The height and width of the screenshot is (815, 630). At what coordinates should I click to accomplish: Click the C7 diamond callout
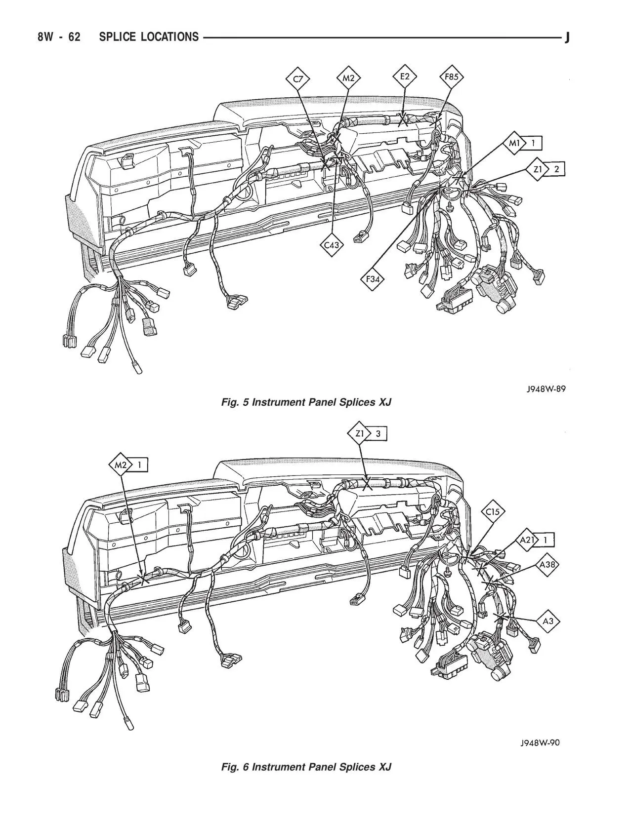pyautogui.click(x=298, y=79)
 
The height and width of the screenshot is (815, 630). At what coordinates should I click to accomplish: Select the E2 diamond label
pyautogui.click(x=405, y=77)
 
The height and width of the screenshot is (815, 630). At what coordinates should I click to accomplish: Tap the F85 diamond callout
pyautogui.click(x=451, y=77)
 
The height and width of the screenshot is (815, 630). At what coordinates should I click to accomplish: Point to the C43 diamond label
pyautogui.click(x=332, y=245)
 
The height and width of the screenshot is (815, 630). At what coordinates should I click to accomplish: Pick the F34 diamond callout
pyautogui.click(x=373, y=279)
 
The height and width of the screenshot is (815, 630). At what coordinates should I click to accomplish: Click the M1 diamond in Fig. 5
pyautogui.click(x=514, y=143)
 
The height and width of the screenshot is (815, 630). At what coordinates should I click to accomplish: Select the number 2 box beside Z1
pyautogui.click(x=556, y=169)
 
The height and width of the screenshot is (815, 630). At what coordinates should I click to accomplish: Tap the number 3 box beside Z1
pyautogui.click(x=378, y=433)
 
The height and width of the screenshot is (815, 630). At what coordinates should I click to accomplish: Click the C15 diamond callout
pyautogui.click(x=493, y=511)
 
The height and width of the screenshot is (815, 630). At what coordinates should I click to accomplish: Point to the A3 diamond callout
pyautogui.click(x=548, y=621)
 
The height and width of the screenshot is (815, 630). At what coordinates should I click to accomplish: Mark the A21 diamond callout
pyautogui.click(x=527, y=540)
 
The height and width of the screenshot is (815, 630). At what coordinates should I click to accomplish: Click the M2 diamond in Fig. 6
pyautogui.click(x=121, y=465)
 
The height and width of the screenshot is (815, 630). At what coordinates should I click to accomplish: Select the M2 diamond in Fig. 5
pyautogui.click(x=349, y=78)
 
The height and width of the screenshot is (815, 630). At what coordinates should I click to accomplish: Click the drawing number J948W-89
pyautogui.click(x=546, y=389)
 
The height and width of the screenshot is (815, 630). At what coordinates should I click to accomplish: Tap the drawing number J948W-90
pyautogui.click(x=540, y=742)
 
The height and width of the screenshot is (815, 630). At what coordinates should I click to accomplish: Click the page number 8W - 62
pyautogui.click(x=59, y=37)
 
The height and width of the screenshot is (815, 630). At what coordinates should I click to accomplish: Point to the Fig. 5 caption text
pyautogui.click(x=306, y=402)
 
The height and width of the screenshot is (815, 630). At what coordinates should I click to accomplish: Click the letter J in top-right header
pyautogui.click(x=567, y=37)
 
